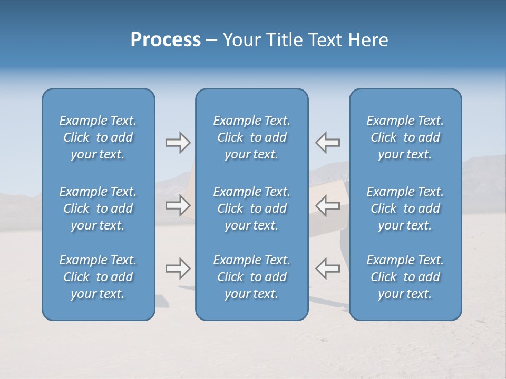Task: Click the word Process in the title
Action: (166, 39)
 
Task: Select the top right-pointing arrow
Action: (178, 143)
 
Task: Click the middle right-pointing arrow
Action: (178, 205)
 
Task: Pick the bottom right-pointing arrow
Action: (178, 268)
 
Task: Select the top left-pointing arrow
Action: (328, 143)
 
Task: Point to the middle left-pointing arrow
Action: (328, 205)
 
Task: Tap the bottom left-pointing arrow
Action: (328, 268)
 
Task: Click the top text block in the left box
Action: (98, 137)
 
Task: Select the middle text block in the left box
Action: (98, 208)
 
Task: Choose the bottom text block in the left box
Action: (98, 277)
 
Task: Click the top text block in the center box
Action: (252, 137)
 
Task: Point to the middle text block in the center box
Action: (252, 208)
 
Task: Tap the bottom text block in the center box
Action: (252, 277)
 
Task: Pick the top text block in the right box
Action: (405, 137)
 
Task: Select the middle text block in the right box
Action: (405, 208)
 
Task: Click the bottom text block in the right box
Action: (405, 277)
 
